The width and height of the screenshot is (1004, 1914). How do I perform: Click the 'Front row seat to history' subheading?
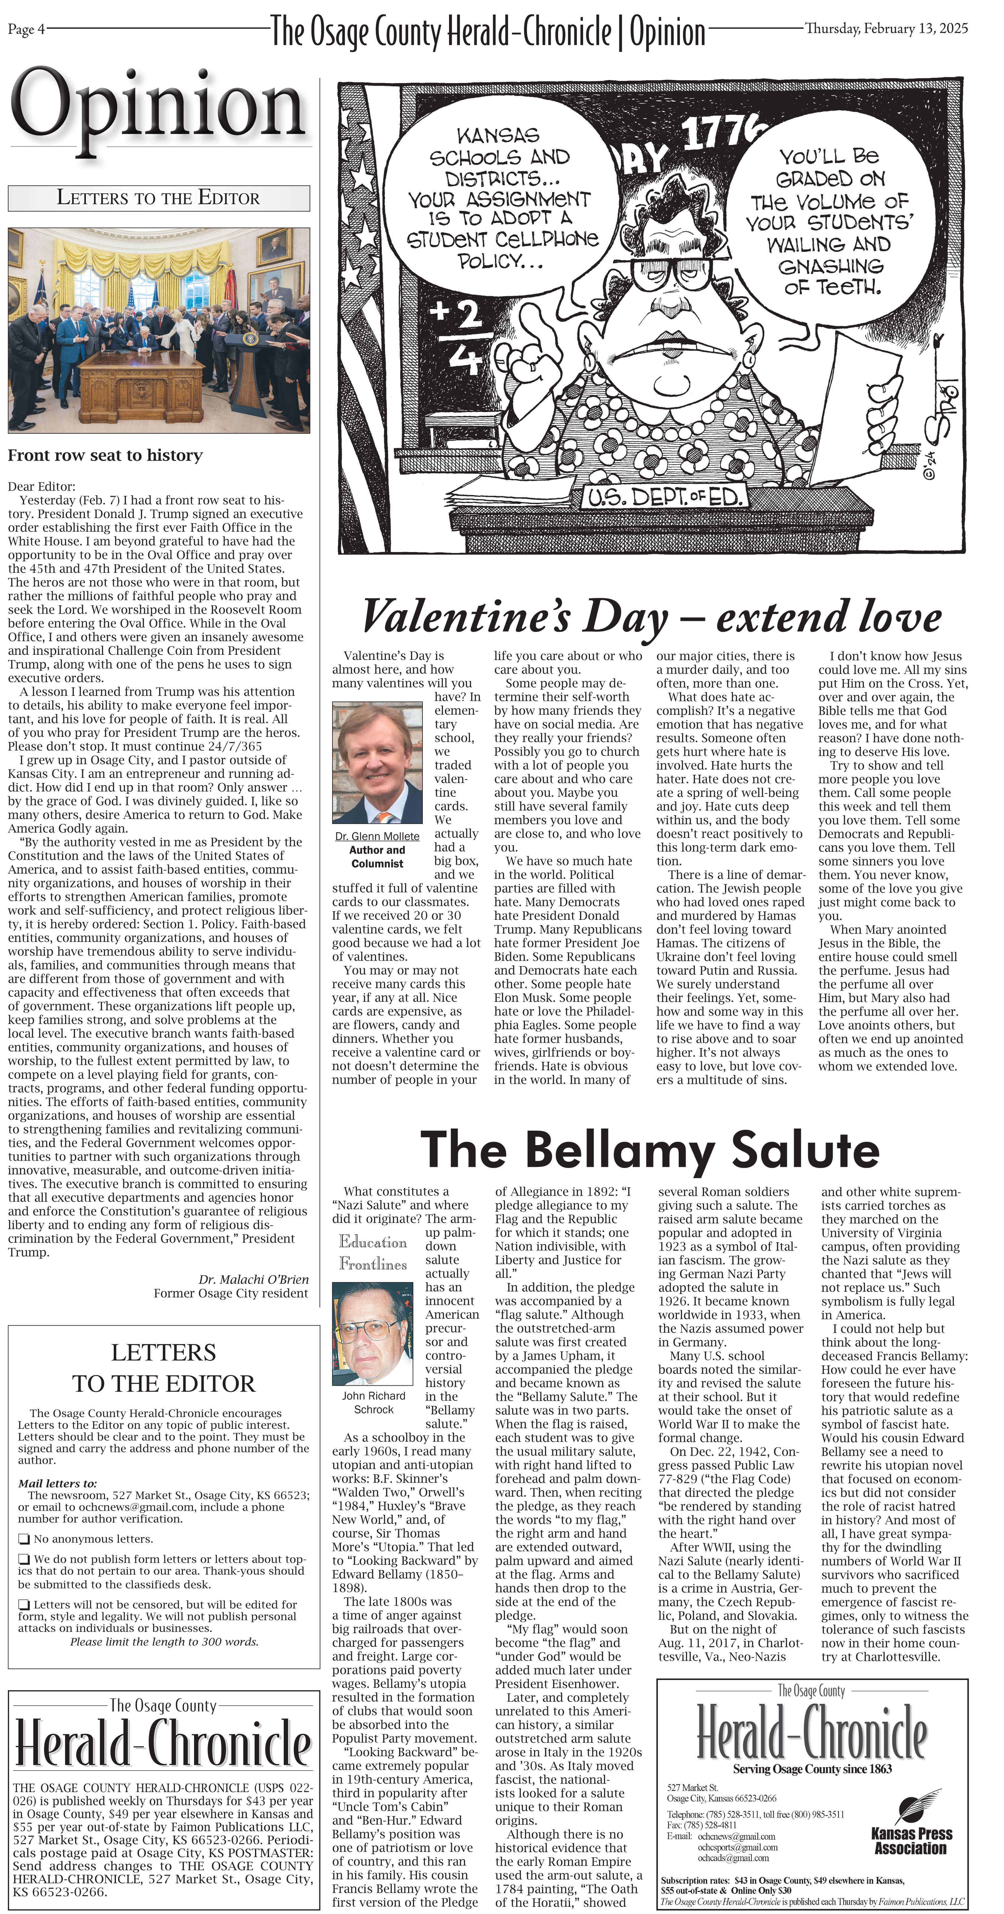[105, 456]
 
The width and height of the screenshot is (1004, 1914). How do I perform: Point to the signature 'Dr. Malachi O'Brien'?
[253, 1279]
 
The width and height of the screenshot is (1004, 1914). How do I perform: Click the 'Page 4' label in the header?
[26, 29]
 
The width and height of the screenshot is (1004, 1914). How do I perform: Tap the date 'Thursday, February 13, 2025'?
[886, 29]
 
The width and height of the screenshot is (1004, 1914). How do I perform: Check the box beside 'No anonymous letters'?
[24, 1539]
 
